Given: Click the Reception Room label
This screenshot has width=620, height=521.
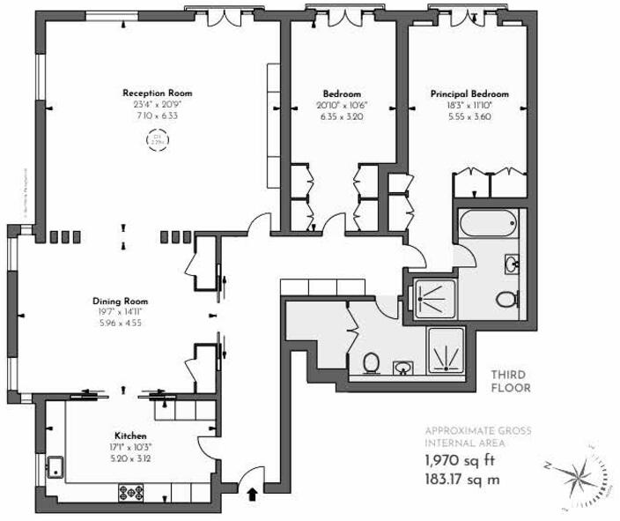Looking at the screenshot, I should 157,93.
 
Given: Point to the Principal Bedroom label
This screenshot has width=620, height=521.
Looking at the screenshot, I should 469,93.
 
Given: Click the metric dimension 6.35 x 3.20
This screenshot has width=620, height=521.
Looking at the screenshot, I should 342,115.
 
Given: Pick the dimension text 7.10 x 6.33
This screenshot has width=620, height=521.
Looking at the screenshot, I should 157,115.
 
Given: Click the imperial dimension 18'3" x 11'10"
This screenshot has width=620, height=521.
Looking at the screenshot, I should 469,104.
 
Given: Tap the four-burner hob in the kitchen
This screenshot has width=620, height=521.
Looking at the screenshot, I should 137,492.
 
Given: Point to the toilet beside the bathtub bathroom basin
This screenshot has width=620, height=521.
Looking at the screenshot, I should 506,300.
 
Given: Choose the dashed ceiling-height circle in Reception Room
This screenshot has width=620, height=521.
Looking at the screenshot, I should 158,139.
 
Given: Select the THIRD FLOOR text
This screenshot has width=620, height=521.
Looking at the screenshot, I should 512,380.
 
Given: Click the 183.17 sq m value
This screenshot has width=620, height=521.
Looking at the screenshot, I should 461,480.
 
